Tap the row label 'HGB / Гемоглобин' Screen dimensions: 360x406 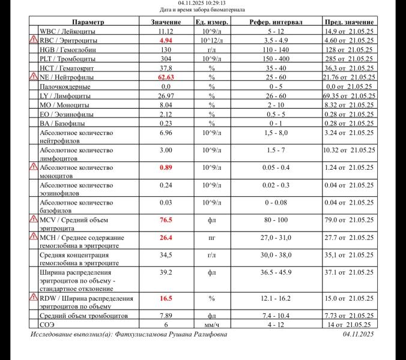(67, 50)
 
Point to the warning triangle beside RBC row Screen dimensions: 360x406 (34, 40)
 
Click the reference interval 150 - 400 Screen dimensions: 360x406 (276, 59)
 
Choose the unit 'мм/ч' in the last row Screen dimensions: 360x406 (211, 324)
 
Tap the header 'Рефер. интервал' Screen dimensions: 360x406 (276, 22)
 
